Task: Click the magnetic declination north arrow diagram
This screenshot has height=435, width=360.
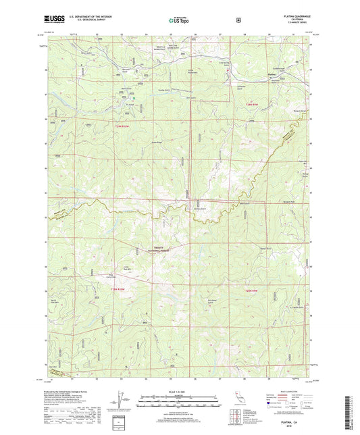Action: [121, 403]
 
